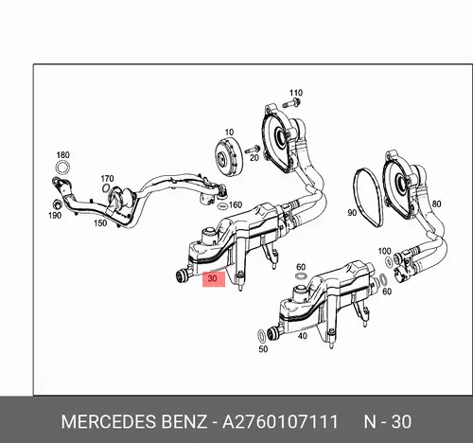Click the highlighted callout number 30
coord(214,279)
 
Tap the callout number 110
coord(296,93)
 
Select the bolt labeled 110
coord(291,103)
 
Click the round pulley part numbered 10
coord(227,156)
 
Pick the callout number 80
coord(436,204)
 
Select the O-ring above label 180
coord(62,168)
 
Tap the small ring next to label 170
coord(106,188)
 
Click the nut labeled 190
coord(57,204)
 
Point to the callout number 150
coord(100,223)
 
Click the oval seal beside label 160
coord(222,206)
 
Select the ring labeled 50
coord(261,335)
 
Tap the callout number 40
coord(303,336)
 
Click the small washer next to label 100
coord(390,261)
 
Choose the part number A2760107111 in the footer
coord(280,421)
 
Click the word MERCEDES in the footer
coord(109,421)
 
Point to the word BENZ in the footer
coord(184,421)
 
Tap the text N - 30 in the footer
coord(388,421)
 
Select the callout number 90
coord(352,213)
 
